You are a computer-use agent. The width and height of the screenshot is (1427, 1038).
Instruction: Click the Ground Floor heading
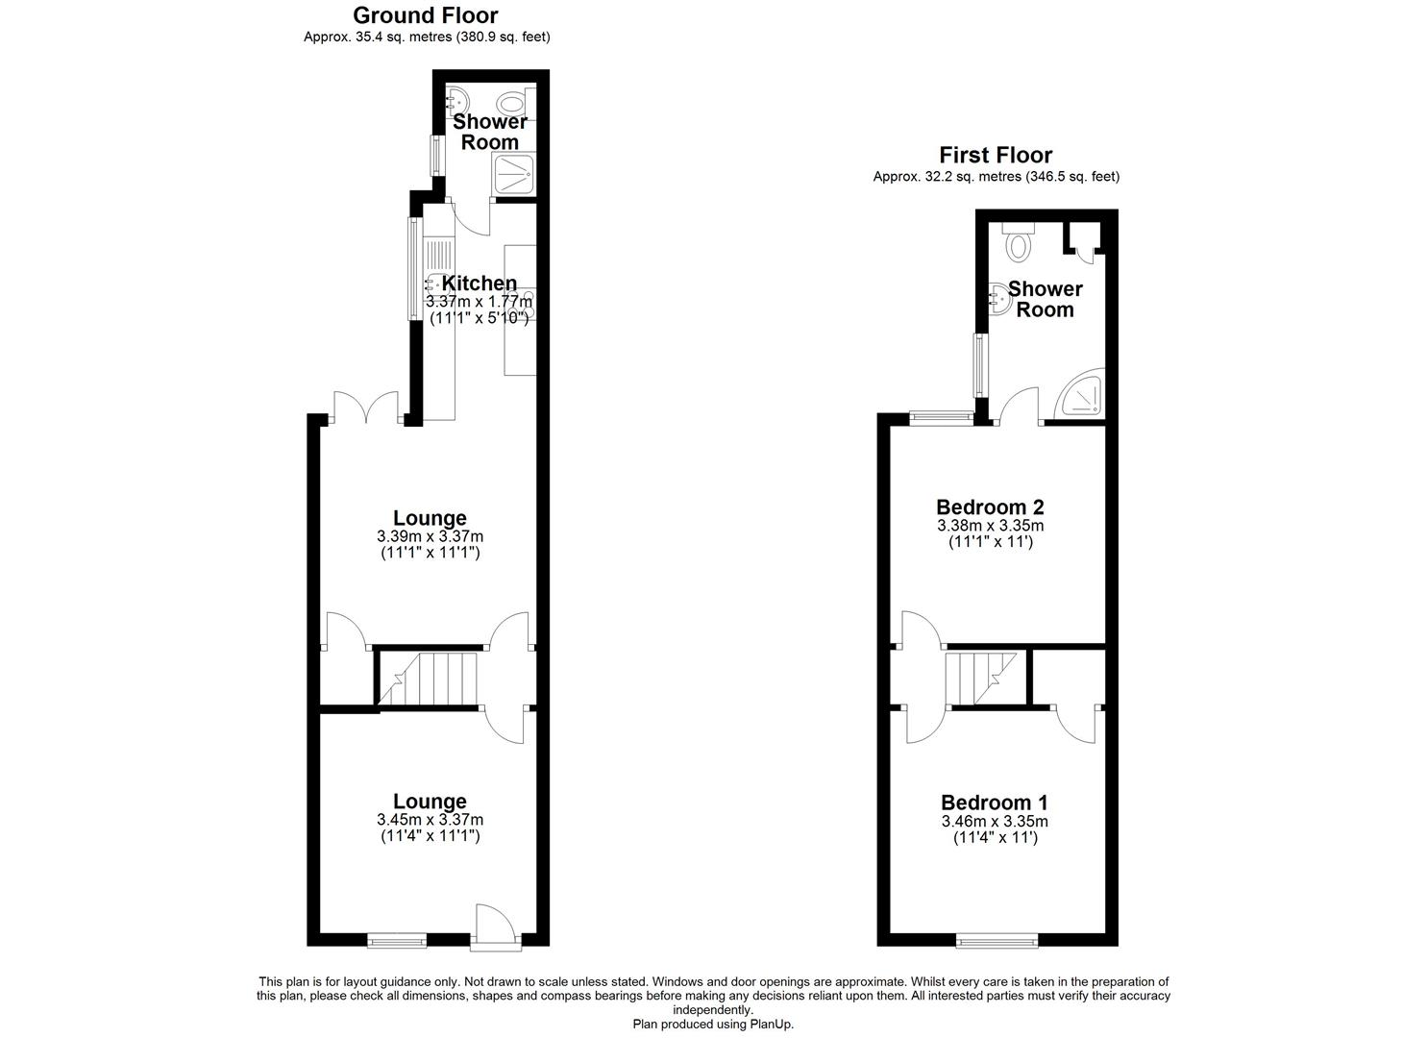click(426, 15)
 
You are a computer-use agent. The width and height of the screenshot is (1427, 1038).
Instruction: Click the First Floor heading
click(996, 155)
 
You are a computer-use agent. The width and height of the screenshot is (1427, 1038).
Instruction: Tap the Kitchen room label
click(479, 284)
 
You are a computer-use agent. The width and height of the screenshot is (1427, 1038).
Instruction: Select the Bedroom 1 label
click(995, 803)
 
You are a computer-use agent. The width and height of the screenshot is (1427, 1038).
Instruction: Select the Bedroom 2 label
click(990, 507)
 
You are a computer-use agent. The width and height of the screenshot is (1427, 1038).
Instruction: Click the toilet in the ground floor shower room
click(512, 103)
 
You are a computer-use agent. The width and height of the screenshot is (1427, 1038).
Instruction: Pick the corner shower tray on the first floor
click(1079, 395)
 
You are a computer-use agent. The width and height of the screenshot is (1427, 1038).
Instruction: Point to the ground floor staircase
click(430, 678)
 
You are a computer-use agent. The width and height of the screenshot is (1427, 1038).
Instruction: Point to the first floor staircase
click(982, 678)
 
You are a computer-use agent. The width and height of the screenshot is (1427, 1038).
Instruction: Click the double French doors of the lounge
click(365, 408)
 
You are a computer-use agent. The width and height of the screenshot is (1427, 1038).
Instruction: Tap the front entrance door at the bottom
click(495, 927)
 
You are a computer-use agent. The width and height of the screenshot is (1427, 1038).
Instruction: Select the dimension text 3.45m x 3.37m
click(430, 820)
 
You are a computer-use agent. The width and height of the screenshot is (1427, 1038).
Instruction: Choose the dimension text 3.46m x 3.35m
click(995, 822)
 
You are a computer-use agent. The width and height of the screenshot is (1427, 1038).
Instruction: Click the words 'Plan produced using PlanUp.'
click(713, 1025)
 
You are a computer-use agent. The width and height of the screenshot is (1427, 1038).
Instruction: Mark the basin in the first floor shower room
click(998, 299)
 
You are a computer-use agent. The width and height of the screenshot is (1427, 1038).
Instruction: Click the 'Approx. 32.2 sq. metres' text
click(996, 177)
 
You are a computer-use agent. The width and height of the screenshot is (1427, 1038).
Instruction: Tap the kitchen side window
click(414, 270)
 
